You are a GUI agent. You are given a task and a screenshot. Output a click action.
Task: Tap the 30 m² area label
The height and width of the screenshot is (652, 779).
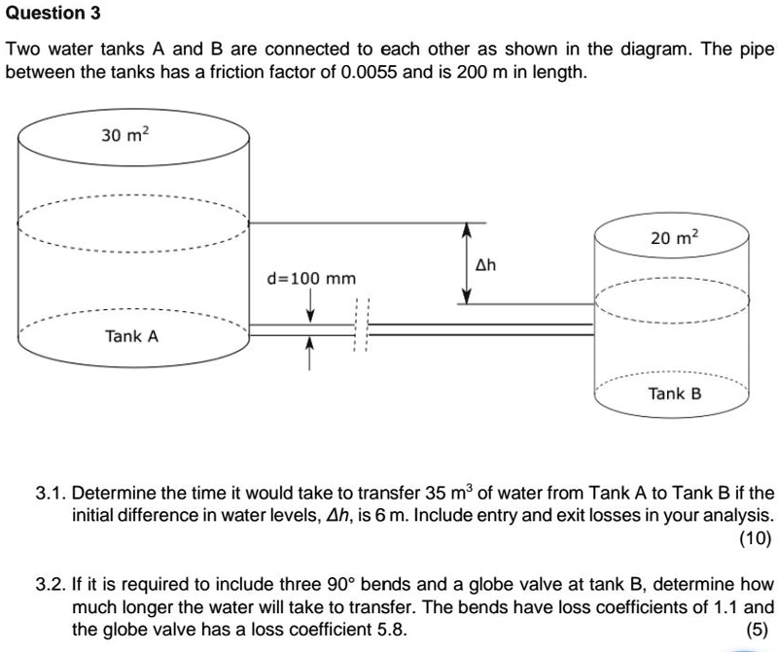pos(125,135)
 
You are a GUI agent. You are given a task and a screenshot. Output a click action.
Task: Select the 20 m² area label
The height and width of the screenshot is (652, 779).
pos(675,237)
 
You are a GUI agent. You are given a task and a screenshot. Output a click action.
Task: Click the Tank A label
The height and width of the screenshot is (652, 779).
pos(132,336)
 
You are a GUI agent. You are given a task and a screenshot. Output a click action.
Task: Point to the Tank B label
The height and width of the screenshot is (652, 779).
pos(675,394)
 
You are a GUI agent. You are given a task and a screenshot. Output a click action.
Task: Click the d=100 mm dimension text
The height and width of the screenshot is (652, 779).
pos(311,279)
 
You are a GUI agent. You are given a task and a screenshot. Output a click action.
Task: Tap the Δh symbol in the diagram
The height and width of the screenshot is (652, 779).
pos(485,264)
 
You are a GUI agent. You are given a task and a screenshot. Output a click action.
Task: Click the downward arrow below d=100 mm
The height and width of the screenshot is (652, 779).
pos(310,306)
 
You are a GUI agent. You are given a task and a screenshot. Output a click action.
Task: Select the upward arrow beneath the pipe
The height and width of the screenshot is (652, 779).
pos(310,353)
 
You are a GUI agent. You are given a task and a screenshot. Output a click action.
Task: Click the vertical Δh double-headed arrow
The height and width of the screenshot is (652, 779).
pos(466,263)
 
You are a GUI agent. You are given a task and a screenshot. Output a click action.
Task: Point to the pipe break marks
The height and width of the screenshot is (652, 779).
pos(361,328)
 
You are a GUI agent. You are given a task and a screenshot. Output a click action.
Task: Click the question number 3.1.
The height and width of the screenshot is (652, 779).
pos(51,493)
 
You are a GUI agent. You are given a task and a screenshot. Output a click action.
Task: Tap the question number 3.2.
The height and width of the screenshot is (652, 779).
pos(51,585)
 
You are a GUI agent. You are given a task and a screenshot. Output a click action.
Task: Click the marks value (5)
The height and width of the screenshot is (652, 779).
pos(760,630)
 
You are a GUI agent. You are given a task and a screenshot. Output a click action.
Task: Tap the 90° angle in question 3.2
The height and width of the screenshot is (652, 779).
pos(339,585)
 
